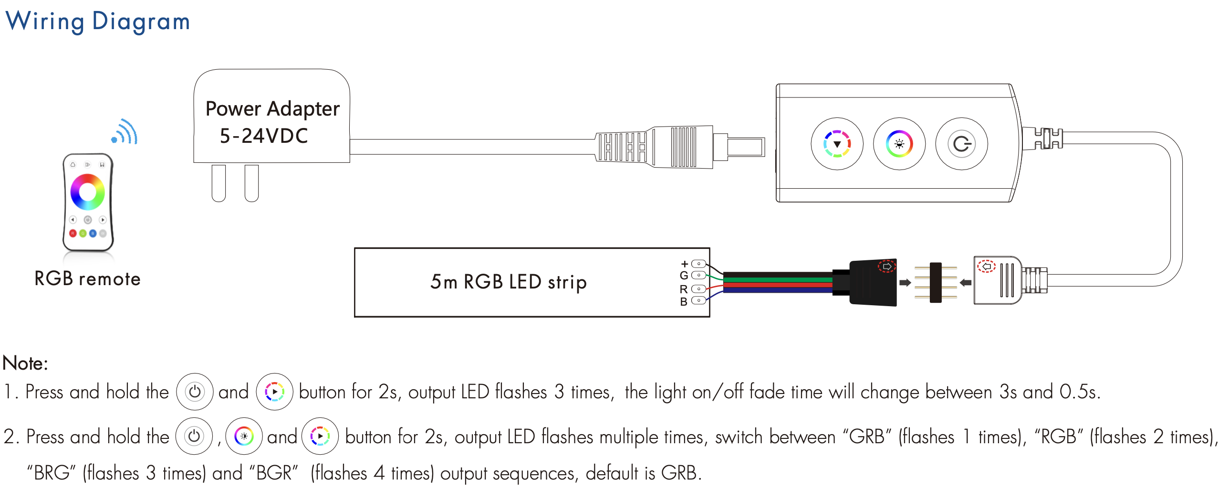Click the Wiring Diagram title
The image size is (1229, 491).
[97, 21]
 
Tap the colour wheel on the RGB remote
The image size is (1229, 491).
[87, 192]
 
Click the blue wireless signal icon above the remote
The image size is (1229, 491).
[125, 132]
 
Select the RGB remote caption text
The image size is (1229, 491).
[87, 279]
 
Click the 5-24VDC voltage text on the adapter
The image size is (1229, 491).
[264, 136]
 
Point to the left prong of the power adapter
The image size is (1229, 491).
[219, 183]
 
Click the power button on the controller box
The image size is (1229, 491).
[961, 144]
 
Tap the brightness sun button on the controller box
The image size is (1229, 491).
[899, 144]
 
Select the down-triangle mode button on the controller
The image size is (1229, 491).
[837, 144]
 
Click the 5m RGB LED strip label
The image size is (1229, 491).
[509, 282]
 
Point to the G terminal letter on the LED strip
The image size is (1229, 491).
[684, 276]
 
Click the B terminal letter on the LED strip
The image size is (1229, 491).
[684, 301]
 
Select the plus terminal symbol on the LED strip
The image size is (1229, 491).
[685, 264]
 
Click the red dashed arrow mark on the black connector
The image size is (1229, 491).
[887, 266]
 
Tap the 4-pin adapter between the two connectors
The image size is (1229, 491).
[936, 283]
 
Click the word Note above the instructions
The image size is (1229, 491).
[25, 363]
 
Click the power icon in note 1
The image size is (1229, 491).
[195, 392]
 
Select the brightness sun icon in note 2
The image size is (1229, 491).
[244, 436]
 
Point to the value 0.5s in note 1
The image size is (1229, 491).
[1079, 392]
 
